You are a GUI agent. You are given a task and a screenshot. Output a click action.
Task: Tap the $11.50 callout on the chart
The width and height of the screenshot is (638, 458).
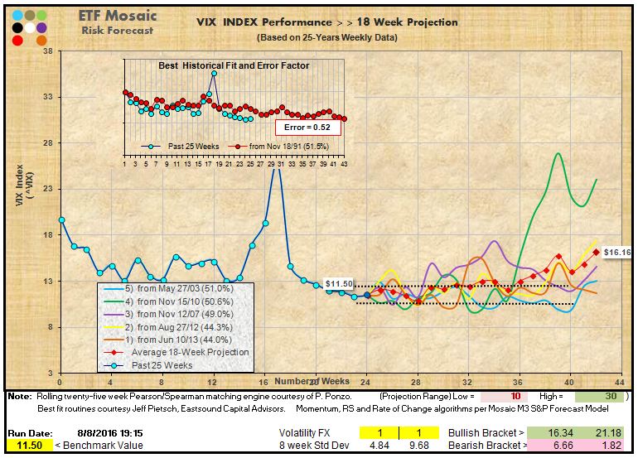[x=340, y=284]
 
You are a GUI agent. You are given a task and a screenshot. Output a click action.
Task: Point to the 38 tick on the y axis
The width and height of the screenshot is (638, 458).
[x=47, y=51]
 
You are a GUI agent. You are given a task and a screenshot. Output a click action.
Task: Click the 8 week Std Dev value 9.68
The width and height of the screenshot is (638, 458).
[x=422, y=446]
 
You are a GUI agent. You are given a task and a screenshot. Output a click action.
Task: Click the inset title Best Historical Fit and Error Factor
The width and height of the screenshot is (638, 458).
[x=234, y=65]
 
